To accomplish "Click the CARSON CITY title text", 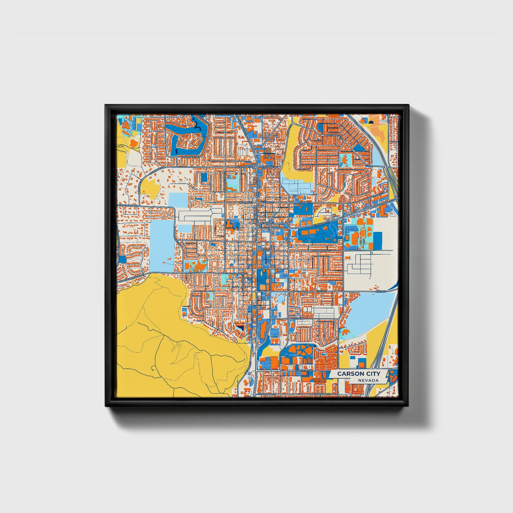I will coord(359,374).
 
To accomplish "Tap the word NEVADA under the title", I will coord(368,380).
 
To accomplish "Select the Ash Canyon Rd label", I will coord(128,206).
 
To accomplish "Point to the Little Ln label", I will coord(298,318).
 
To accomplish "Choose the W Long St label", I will coord(245,202).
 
